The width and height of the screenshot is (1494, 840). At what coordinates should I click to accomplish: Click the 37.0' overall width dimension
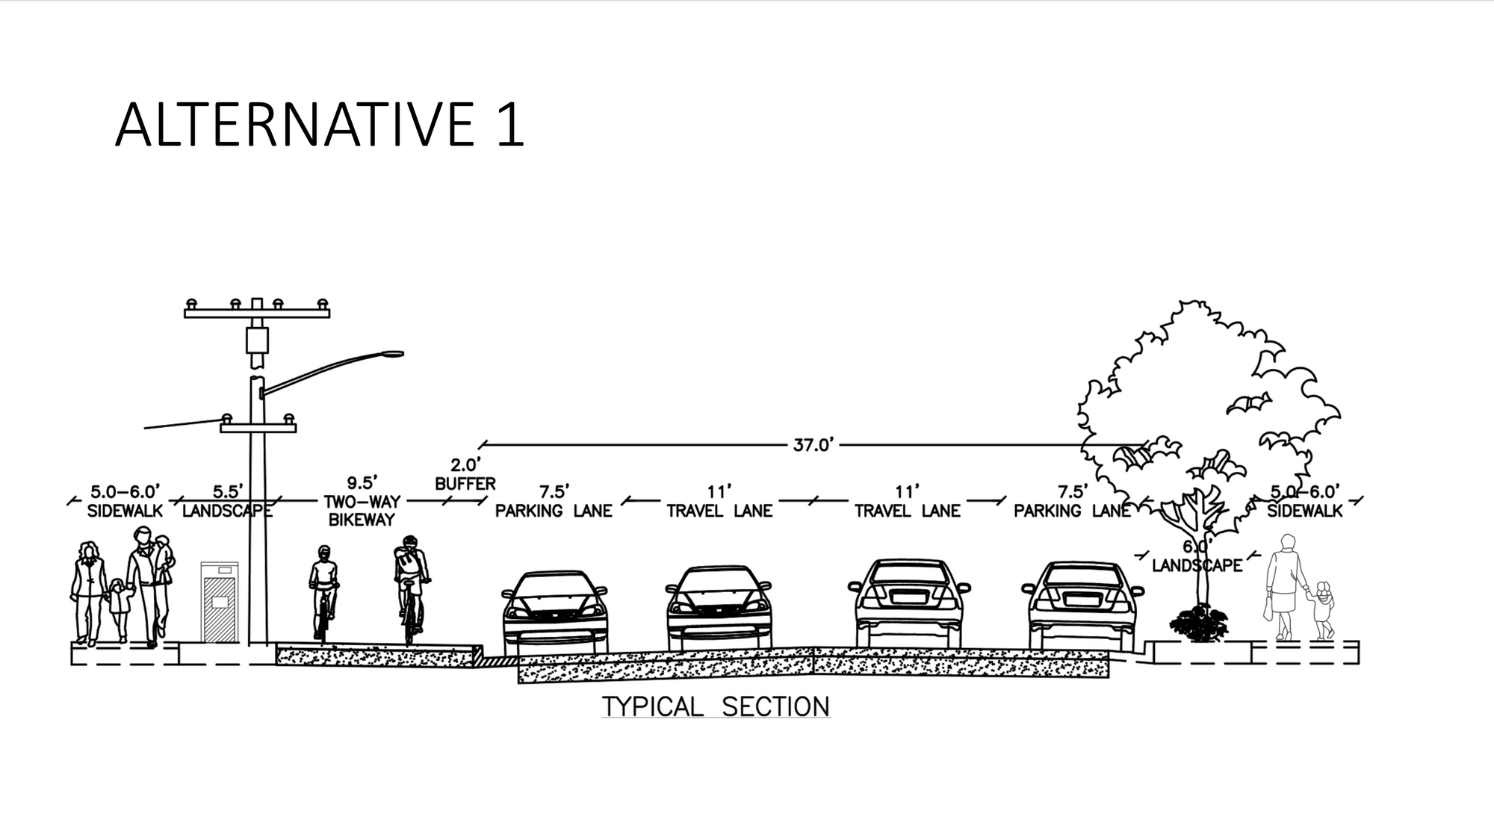click(x=812, y=445)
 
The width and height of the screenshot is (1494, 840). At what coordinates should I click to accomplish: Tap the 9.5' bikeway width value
click(x=362, y=483)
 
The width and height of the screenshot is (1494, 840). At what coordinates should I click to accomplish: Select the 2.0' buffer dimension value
click(x=465, y=465)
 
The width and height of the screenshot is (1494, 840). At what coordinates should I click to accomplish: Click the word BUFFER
click(x=465, y=484)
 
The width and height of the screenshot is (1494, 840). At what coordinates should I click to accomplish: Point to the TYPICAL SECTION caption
click(x=716, y=706)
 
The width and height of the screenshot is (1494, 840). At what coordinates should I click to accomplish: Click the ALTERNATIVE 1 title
click(x=320, y=124)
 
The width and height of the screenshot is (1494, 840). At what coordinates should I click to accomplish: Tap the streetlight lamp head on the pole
click(x=391, y=354)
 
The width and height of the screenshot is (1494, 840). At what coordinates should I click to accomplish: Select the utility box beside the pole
click(x=219, y=603)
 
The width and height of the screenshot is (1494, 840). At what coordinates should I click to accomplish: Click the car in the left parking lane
click(x=555, y=609)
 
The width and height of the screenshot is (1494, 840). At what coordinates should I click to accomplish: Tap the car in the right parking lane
click(x=1082, y=605)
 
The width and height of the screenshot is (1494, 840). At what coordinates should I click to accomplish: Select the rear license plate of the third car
click(x=908, y=596)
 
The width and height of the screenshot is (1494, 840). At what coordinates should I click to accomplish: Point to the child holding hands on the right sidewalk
click(x=1323, y=609)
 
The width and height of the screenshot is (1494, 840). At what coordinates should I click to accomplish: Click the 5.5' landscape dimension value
click(x=227, y=492)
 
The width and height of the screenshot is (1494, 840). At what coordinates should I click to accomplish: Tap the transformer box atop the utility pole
click(x=257, y=340)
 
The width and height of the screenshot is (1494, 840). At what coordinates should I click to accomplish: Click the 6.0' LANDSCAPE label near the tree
click(x=1197, y=558)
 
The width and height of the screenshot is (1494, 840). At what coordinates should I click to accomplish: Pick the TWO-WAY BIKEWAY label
click(x=362, y=511)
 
